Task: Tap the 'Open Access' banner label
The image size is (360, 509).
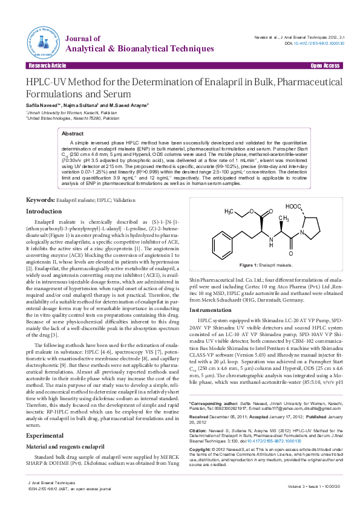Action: point(325,65)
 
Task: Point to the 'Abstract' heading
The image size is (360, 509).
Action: point(73,133)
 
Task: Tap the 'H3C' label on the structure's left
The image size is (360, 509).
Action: point(231,212)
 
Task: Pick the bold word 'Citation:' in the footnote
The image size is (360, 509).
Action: point(199,430)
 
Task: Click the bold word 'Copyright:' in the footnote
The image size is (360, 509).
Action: point(201,450)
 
